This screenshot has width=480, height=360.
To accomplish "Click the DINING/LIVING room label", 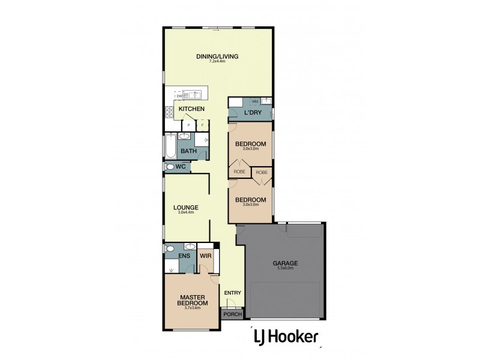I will pyautogui.click(x=217, y=56).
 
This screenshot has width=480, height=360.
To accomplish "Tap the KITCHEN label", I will pyautogui.click(x=191, y=109).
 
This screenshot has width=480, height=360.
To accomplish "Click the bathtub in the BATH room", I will pyautogui.click(x=170, y=146).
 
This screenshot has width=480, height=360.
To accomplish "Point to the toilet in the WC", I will pyautogui.click(x=170, y=167).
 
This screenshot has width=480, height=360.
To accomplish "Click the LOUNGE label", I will pyautogui.click(x=188, y=208).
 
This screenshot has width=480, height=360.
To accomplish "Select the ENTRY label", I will pyautogui.click(x=232, y=293).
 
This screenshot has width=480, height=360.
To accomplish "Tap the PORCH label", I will pyautogui.click(x=232, y=314).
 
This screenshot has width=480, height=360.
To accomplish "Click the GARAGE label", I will pyautogui.click(x=286, y=263).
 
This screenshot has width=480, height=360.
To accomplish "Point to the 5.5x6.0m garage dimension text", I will pyautogui.click(x=286, y=268).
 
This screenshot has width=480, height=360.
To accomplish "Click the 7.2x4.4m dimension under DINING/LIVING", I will pyautogui.click(x=217, y=62).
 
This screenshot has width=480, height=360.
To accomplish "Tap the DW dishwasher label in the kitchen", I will pyautogui.click(x=178, y=96).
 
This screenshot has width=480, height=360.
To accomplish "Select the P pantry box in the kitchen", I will pyautogui.click(x=189, y=125).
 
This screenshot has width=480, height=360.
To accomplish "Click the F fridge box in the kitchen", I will pyautogui.click(x=202, y=125).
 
